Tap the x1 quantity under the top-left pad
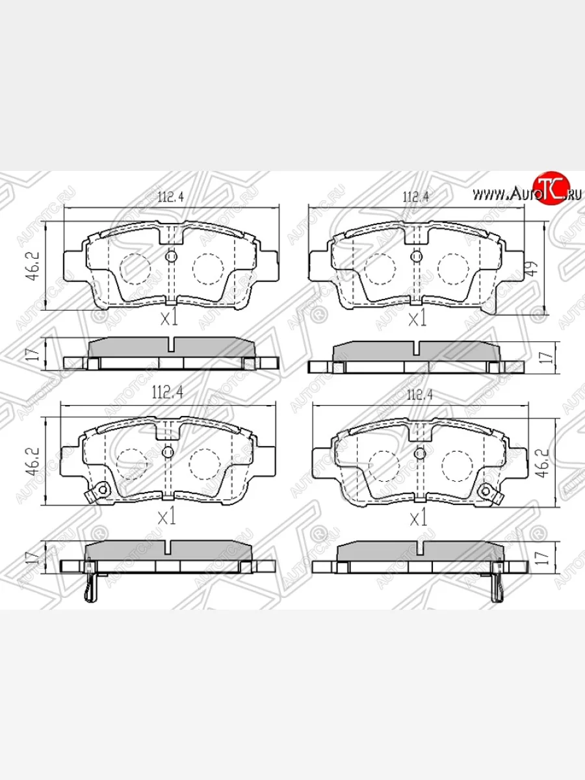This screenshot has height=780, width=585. pyautogui.click(x=169, y=318)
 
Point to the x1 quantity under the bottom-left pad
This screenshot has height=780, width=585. pyautogui.click(x=168, y=517)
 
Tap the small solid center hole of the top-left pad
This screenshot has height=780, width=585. pyautogui.click(x=172, y=257)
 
